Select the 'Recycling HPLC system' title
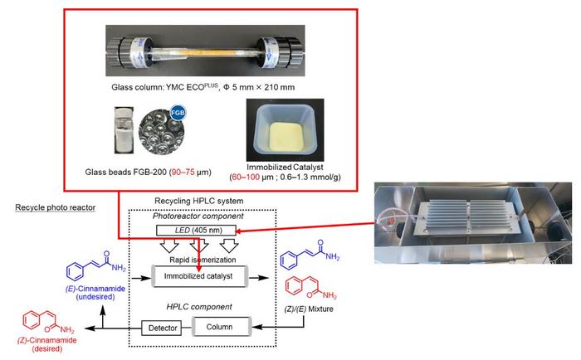click(200, 202)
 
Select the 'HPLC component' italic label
click(199, 306)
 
